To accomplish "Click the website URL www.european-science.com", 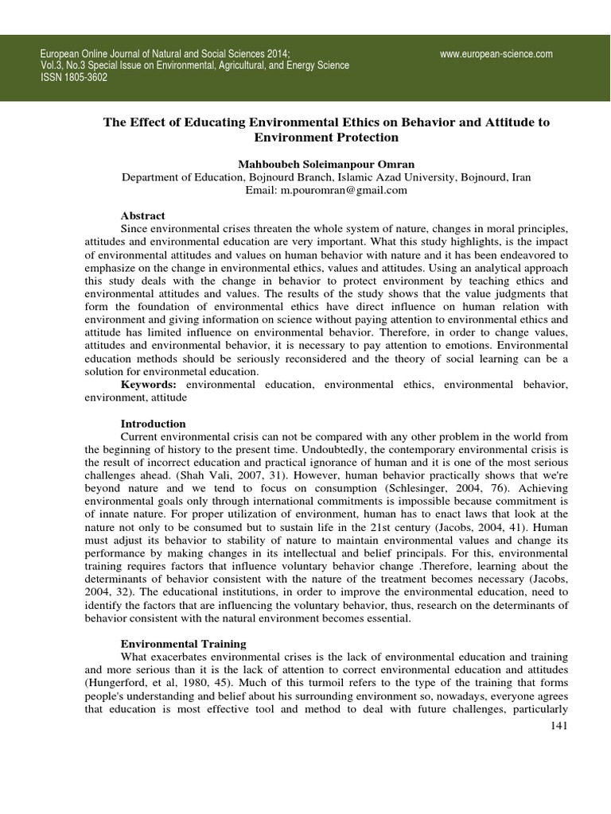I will click(x=496, y=54).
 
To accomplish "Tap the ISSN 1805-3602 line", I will click(x=74, y=78).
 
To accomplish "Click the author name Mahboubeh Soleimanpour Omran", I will click(x=326, y=164).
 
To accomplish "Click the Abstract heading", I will click(x=142, y=215).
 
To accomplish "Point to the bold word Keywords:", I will click(x=148, y=384).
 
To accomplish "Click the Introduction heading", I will click(x=153, y=424).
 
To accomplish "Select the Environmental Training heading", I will click(x=183, y=643).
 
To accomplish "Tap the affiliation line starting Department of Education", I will click(x=326, y=177).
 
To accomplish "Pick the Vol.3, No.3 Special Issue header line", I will click(x=194, y=66).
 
